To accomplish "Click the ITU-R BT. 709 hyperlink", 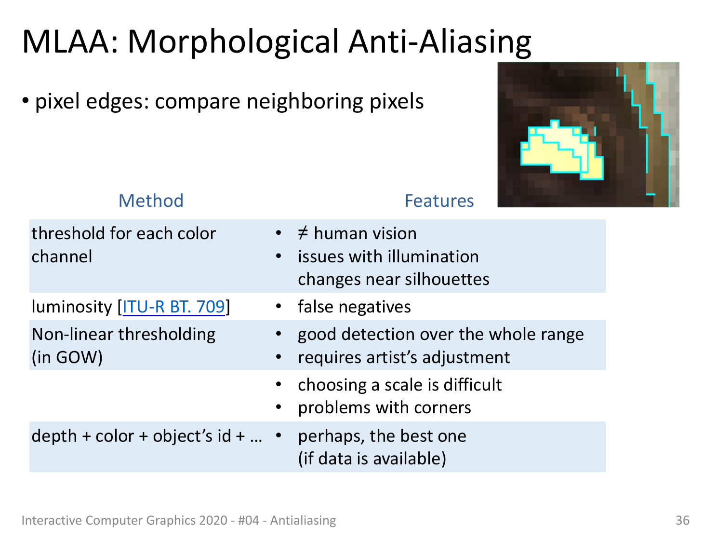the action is click(173, 307).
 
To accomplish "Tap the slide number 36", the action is click(682, 520).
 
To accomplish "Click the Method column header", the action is click(151, 201).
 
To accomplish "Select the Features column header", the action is click(439, 201).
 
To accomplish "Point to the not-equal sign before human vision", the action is click(303, 233).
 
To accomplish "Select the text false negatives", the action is click(354, 307).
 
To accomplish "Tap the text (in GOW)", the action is click(67, 357).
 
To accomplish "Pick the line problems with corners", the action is click(384, 407).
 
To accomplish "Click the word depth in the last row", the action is click(54, 436).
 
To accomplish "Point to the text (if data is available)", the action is click(372, 459).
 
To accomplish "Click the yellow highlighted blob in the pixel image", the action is click(561, 151).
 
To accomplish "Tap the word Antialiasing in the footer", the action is click(303, 520).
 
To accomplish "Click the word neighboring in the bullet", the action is click(305, 101).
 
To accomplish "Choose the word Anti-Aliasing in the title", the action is click(439, 42).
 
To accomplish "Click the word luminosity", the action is click(71, 307).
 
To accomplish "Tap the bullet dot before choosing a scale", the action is click(279, 384).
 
